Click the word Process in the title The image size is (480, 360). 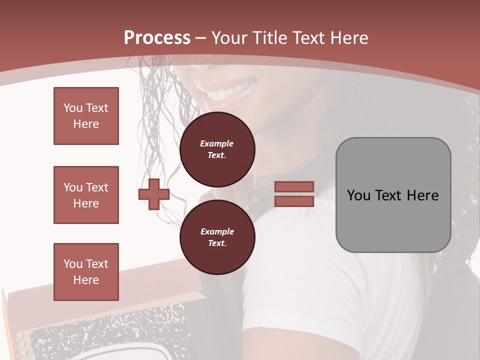(157, 38)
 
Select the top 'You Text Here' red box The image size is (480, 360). (86, 116)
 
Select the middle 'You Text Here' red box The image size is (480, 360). (86, 195)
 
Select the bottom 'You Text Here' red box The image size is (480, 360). (86, 272)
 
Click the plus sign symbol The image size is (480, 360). (154, 194)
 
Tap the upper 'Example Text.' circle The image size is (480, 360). (217, 149)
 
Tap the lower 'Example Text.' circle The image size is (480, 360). (217, 237)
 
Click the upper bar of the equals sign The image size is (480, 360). (294, 186)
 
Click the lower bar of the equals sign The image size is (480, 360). (294, 201)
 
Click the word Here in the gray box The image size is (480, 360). (422, 195)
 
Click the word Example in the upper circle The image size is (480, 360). (216, 143)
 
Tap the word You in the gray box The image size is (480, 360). (358, 195)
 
